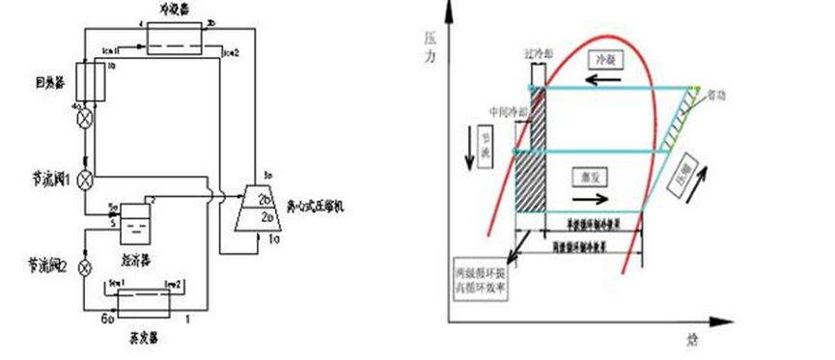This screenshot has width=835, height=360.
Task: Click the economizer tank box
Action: coord(136,226)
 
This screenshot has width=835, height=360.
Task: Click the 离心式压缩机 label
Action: coord(319,206)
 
